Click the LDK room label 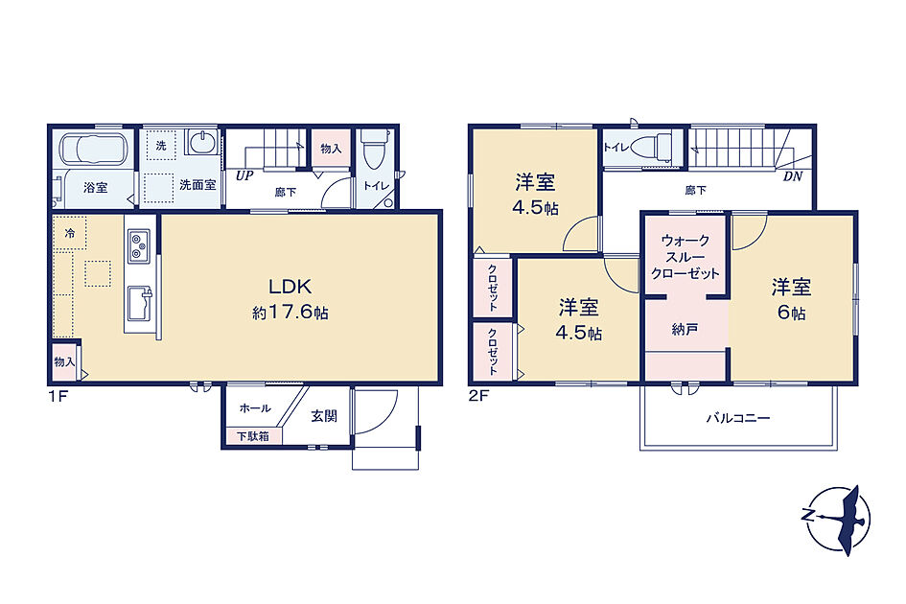[290, 286]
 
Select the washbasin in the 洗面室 [201, 142]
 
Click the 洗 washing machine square [161, 147]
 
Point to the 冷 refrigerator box [69, 234]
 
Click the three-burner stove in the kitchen [139, 245]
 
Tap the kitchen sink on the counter [139, 302]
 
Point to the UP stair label [244, 175]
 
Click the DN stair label [793, 176]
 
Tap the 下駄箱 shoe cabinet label [253, 436]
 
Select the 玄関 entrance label [324, 415]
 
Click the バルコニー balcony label [738, 418]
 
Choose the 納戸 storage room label [685, 330]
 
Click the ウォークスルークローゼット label [685, 257]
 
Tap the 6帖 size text [792, 313]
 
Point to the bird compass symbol [838, 518]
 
